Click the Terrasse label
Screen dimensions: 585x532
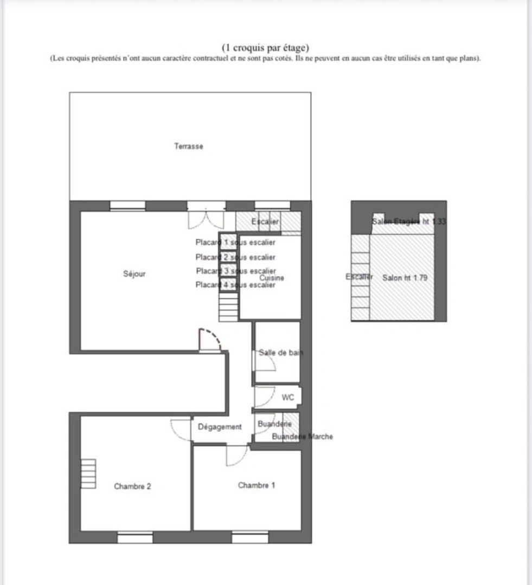188,146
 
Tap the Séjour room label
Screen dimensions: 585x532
134,274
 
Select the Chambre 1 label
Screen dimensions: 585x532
256,485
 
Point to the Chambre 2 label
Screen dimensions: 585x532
132,486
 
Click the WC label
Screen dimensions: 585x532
288,398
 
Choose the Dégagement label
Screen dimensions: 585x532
220,427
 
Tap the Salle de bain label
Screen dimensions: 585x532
280,353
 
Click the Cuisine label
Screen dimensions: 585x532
272,278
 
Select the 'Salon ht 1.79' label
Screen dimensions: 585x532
405,278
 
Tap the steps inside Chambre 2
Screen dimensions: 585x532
88,474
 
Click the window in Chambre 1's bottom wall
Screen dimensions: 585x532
250,537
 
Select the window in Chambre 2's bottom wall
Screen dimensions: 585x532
135,537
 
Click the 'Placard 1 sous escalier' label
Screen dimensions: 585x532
235,243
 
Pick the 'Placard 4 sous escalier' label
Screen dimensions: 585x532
235,285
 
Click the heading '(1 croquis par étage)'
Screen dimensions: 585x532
266,48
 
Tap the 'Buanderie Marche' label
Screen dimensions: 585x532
302,437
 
